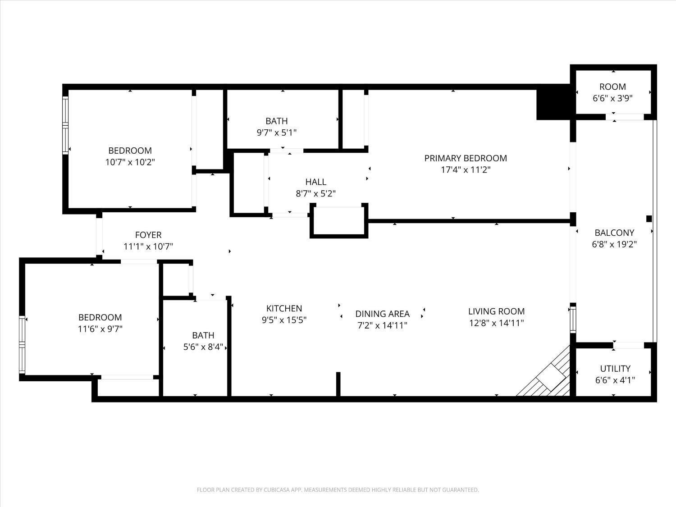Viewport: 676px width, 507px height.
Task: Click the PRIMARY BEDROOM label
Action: [465, 158]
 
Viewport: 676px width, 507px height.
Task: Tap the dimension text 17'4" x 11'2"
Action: [465, 170]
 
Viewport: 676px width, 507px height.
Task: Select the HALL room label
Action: [315, 182]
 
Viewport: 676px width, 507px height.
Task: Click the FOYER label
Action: [148, 235]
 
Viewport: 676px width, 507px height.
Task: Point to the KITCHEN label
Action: [284, 308]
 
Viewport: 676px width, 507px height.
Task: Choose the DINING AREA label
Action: [382, 314]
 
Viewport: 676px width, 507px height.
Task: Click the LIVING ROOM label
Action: [496, 311]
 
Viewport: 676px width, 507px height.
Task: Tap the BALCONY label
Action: [614, 233]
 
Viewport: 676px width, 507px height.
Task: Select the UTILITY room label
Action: [615, 368]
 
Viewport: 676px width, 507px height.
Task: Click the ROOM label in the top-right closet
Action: [612, 87]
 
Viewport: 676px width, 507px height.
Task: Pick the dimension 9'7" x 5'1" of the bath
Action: [276, 132]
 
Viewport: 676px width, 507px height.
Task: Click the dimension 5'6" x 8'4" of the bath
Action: [203, 347]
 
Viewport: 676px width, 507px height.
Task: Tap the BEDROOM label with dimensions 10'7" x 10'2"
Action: [130, 151]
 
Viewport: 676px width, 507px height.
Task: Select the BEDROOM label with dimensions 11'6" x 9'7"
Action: [100, 317]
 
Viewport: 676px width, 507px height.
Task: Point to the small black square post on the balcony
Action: [649, 219]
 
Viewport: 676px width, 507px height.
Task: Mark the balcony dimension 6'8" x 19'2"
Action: [614, 244]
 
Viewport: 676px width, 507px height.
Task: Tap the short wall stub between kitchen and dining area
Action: [338, 384]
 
